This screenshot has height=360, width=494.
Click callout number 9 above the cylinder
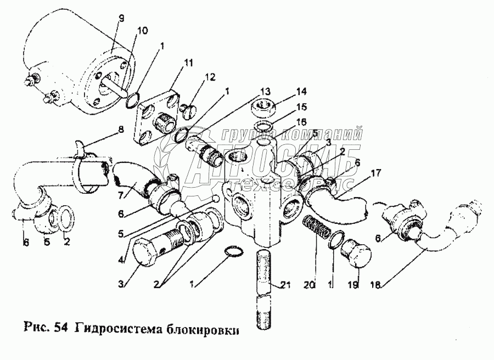121,19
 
